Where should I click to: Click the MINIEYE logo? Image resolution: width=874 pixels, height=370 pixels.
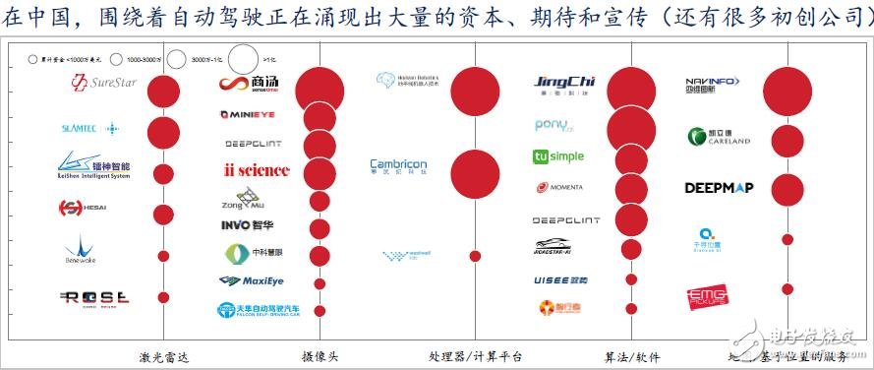pos(255,115)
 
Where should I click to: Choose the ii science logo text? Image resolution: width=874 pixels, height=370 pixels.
pos(257,170)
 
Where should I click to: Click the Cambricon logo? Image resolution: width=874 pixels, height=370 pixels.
pos(399,169)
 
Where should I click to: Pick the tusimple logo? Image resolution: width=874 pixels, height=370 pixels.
pos(557,156)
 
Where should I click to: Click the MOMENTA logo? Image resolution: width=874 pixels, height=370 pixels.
pos(561,187)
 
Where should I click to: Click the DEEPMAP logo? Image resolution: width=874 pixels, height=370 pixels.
pos(718,187)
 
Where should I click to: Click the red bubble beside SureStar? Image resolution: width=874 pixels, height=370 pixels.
pos(163,92)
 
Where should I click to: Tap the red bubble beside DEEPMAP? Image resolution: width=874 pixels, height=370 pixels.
pos(787,189)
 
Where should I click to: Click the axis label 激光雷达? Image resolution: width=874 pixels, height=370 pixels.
pos(163,356)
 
